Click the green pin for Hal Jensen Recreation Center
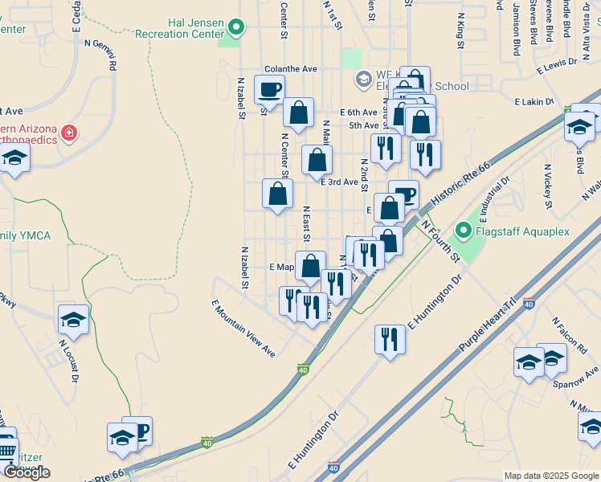(235, 29)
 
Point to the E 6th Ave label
(358, 112)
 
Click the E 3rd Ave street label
(339, 182)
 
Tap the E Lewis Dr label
(558, 71)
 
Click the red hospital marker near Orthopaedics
(70, 132)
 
